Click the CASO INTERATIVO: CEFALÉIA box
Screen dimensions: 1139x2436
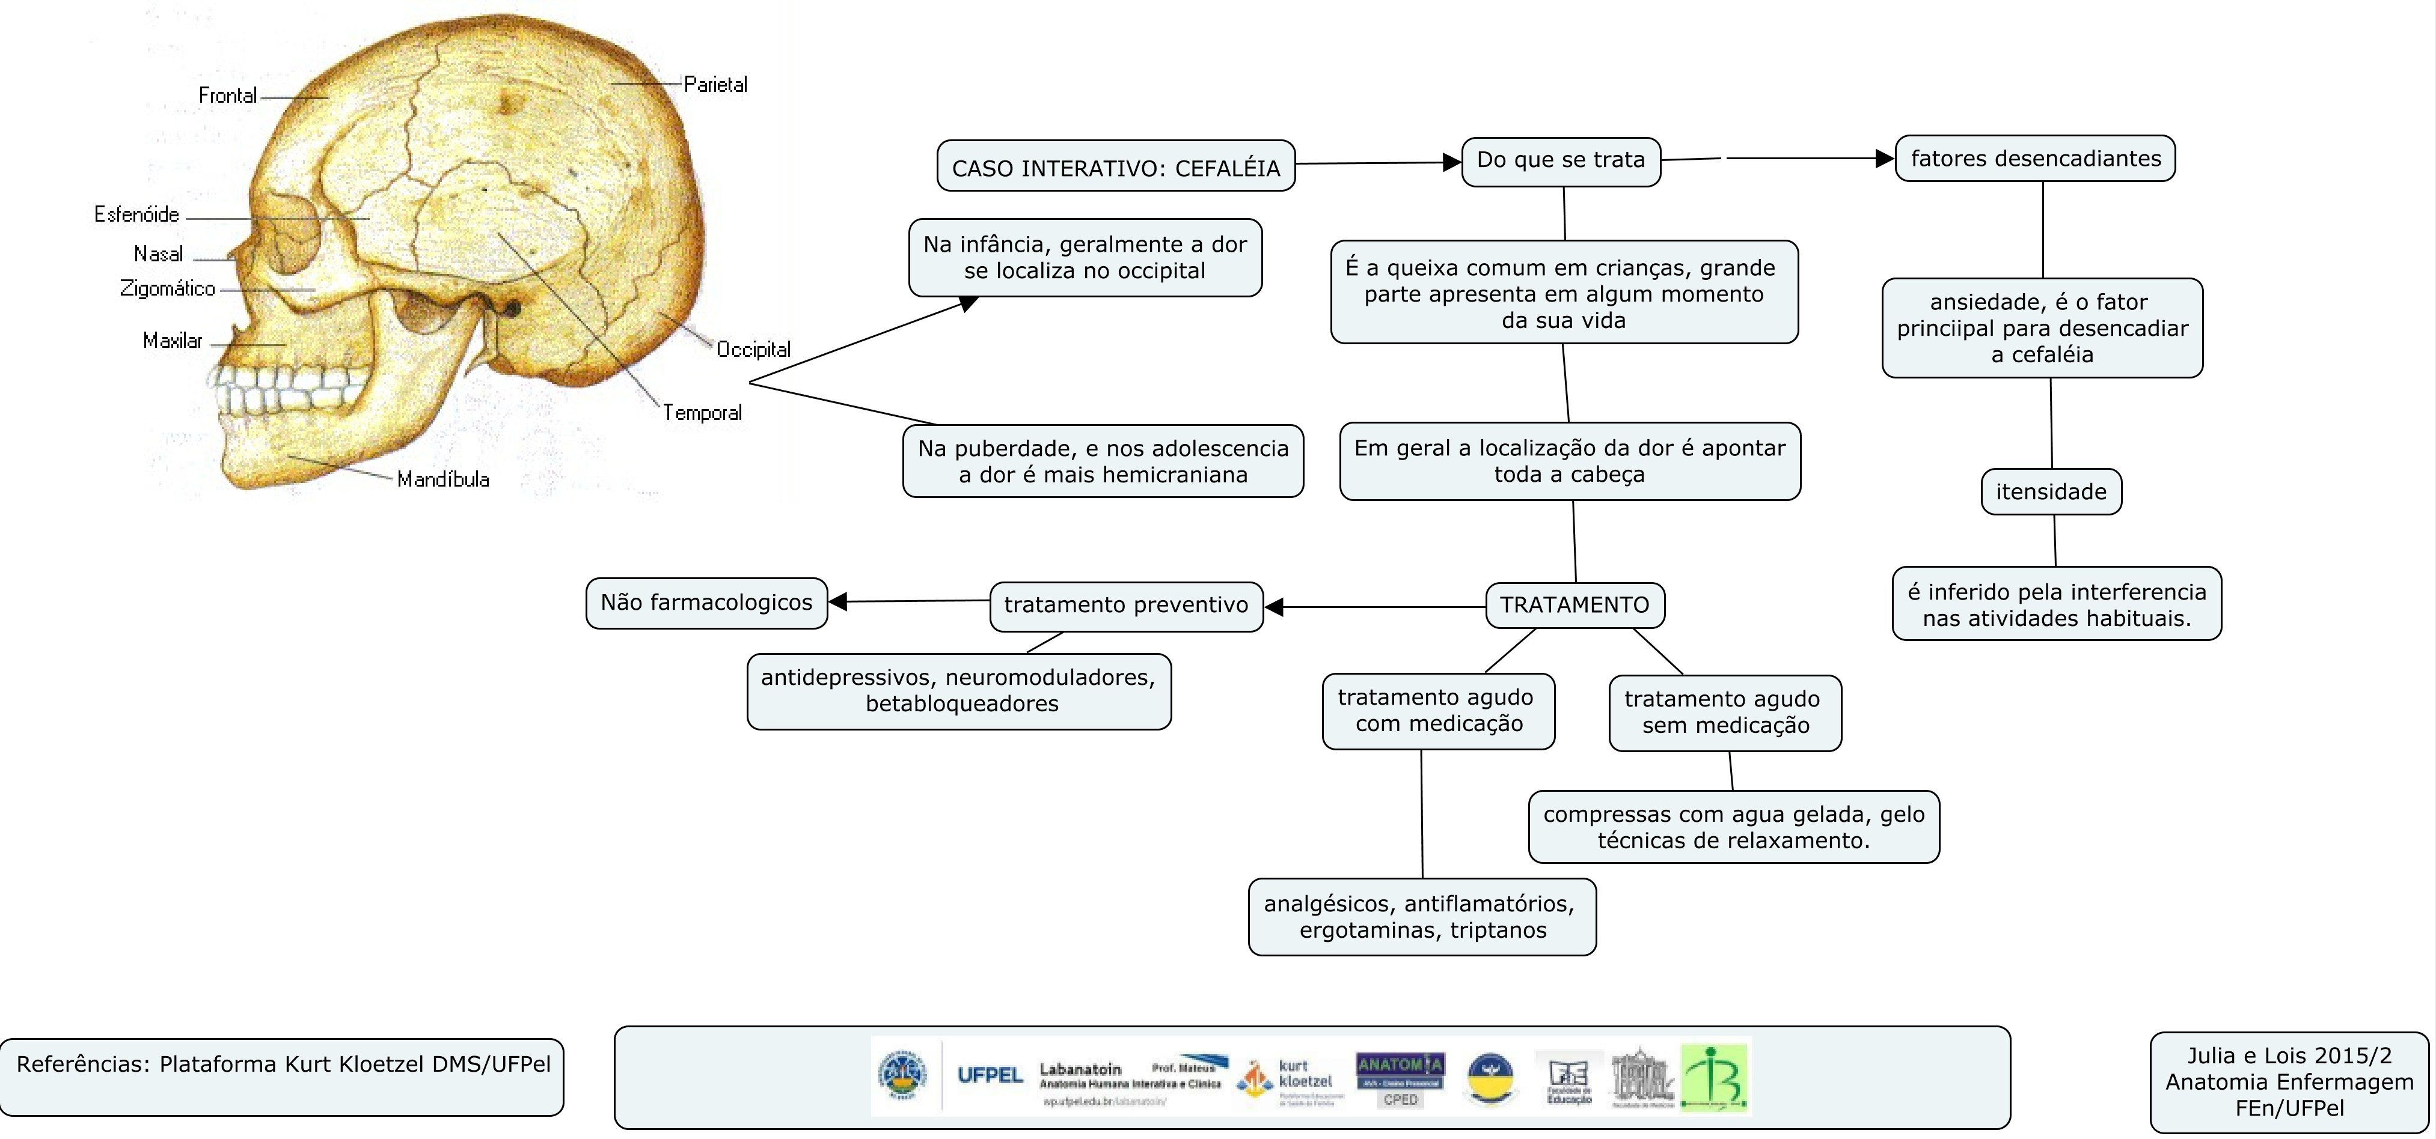(x=1116, y=167)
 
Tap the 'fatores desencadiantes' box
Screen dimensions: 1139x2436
(x=2035, y=159)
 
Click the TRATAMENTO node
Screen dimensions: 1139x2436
(x=1575, y=605)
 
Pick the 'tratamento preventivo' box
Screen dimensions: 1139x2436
(x=1125, y=606)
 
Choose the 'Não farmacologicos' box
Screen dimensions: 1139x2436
(x=706, y=603)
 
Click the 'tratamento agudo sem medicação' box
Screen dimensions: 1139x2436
(x=1724, y=712)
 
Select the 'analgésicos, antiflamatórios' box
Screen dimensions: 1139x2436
(x=1421, y=917)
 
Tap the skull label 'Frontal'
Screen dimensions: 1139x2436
(x=227, y=96)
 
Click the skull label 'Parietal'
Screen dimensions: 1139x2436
(x=715, y=84)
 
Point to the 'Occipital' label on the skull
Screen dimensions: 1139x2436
(x=753, y=350)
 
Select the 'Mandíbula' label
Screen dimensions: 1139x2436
(x=442, y=479)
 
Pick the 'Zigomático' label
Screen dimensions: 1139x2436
(x=167, y=288)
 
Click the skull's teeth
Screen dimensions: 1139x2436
(x=284, y=387)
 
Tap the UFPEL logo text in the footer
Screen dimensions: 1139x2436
(x=989, y=1076)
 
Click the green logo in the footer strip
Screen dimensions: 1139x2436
(x=1715, y=1078)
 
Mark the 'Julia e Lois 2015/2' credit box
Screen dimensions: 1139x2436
(x=2289, y=1083)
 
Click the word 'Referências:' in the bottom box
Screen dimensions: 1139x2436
(x=83, y=1065)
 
